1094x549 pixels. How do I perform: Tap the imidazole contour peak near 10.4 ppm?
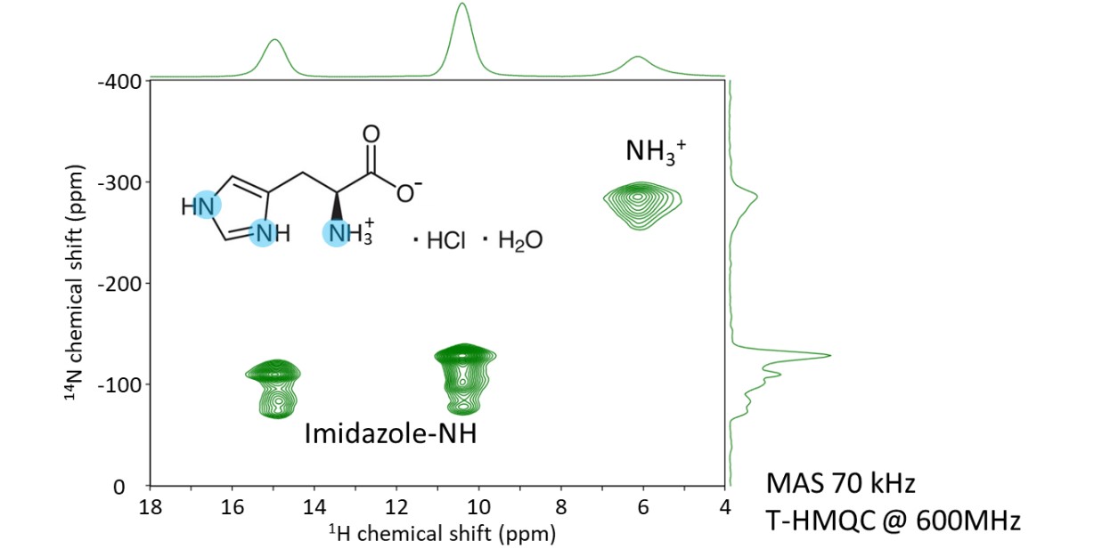pos(464,378)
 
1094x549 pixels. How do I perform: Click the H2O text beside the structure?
pos(518,241)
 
